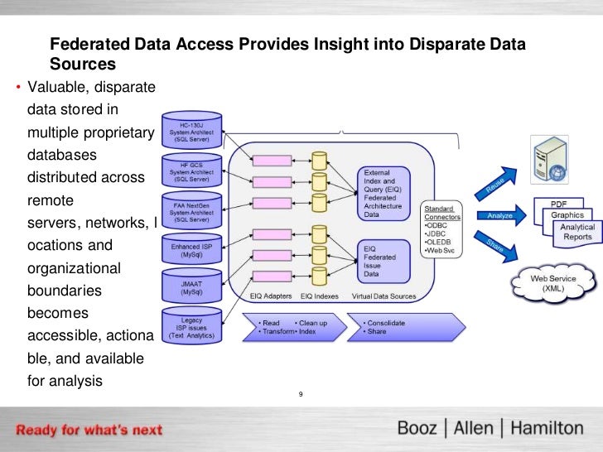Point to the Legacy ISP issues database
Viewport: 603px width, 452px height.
point(191,327)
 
